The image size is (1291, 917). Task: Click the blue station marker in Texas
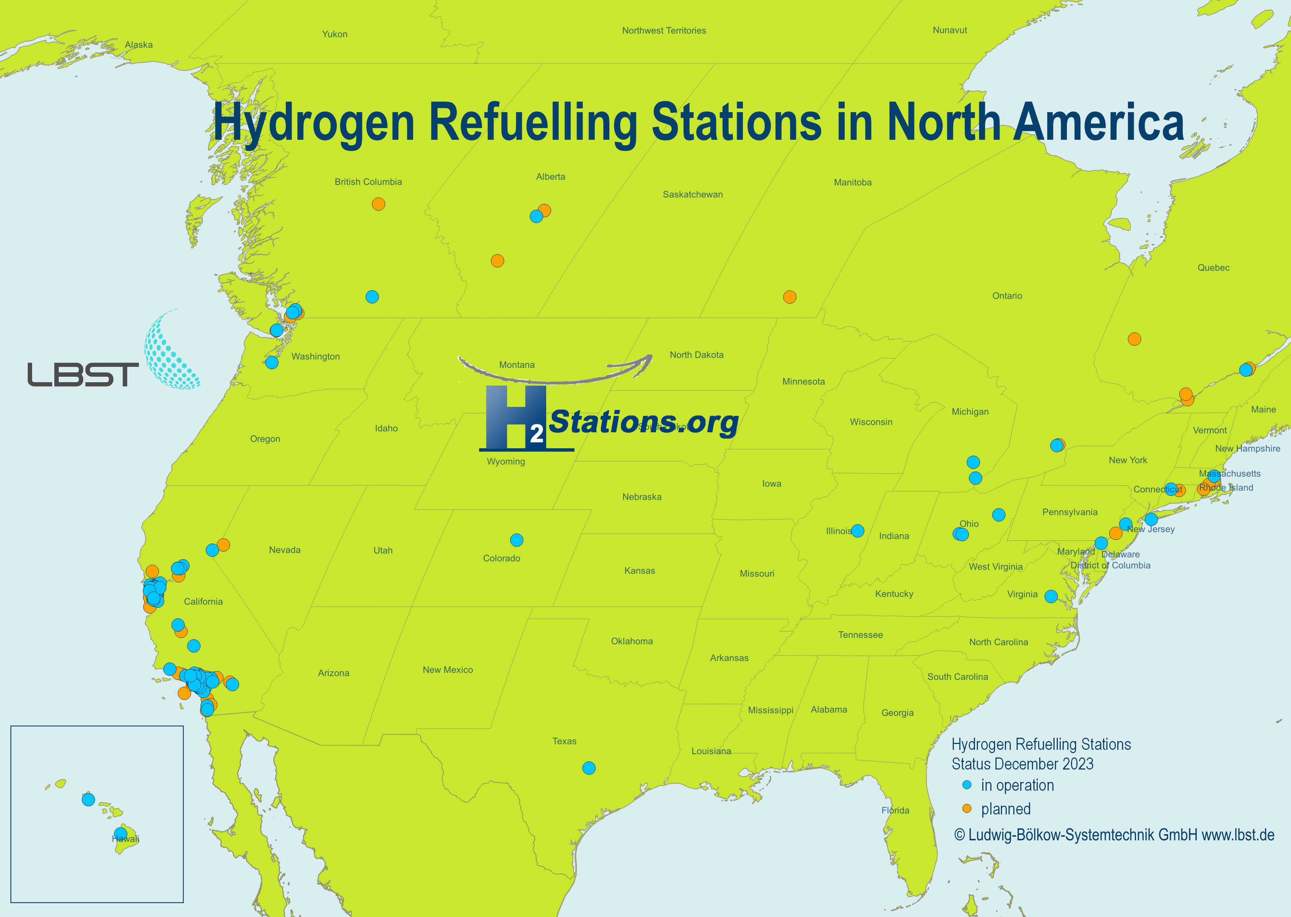tap(589, 768)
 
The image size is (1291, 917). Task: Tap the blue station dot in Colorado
tap(516, 540)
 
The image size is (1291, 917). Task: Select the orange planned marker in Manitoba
tap(789, 297)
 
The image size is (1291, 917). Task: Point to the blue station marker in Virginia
tap(1051, 596)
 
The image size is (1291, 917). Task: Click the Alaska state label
tap(139, 45)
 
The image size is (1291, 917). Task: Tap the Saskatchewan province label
tap(692, 194)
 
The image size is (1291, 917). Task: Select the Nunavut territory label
tap(949, 30)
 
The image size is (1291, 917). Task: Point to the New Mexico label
tap(447, 670)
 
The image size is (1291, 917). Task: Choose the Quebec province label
tap(1213, 268)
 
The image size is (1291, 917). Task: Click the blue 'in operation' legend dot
tap(967, 785)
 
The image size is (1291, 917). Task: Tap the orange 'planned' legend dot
tap(967, 809)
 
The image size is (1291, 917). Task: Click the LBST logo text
tap(83, 375)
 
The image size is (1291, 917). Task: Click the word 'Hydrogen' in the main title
tap(314, 123)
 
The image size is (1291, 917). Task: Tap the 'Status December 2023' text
tap(1022, 764)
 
